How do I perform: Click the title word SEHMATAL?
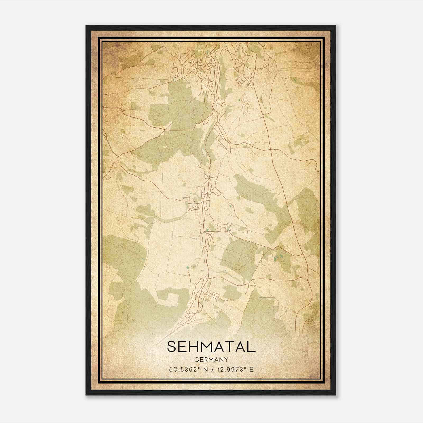click(211, 347)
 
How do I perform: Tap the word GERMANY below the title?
click(211, 360)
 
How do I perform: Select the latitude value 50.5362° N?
click(188, 370)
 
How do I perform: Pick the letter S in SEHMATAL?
click(172, 347)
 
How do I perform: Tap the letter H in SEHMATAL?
click(196, 347)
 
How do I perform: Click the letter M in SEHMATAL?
click(211, 347)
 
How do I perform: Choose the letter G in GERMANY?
click(196, 360)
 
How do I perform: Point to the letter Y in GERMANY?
click(226, 360)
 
